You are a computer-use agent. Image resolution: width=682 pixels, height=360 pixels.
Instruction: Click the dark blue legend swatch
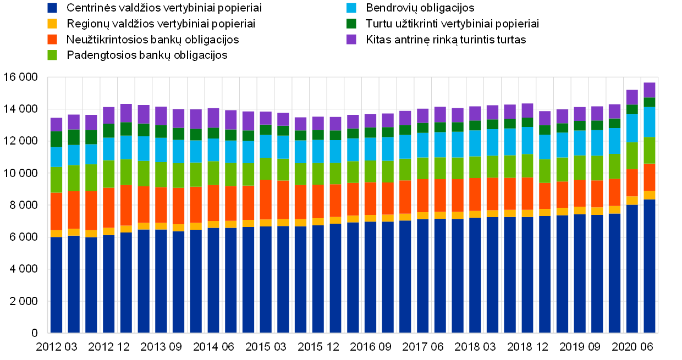click(52, 8)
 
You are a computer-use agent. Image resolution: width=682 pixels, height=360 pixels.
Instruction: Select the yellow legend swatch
click(52, 24)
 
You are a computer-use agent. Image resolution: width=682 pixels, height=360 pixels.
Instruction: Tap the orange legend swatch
click(52, 39)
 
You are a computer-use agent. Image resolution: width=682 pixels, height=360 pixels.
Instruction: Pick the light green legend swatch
click(52, 55)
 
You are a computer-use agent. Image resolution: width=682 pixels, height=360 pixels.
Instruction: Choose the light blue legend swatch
click(351, 8)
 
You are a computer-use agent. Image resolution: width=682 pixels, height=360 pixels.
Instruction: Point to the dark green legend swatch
click(351, 24)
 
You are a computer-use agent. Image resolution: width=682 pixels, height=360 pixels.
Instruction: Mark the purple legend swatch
click(351, 39)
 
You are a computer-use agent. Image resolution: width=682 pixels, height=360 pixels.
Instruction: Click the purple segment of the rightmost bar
click(650, 90)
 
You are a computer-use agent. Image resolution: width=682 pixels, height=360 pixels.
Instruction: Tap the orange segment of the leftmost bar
click(57, 212)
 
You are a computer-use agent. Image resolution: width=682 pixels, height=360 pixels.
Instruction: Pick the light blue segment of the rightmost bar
click(650, 122)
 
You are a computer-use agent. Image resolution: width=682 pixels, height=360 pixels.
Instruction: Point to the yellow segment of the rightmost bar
click(650, 195)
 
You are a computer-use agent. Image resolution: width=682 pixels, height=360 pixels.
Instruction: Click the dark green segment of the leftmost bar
click(57, 139)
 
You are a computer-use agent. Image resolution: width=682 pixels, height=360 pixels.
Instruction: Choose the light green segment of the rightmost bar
click(650, 150)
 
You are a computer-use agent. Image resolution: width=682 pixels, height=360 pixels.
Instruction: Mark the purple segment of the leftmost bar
click(57, 124)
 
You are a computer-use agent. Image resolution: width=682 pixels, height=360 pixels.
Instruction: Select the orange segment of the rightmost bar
click(650, 177)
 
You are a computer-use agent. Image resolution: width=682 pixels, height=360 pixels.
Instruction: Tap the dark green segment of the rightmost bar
click(650, 102)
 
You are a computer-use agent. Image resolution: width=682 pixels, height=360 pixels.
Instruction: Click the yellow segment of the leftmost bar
click(57, 234)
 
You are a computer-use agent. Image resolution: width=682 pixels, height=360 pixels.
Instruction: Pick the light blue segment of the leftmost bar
click(57, 157)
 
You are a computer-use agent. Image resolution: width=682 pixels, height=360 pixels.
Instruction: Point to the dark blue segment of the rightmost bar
click(650, 266)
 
